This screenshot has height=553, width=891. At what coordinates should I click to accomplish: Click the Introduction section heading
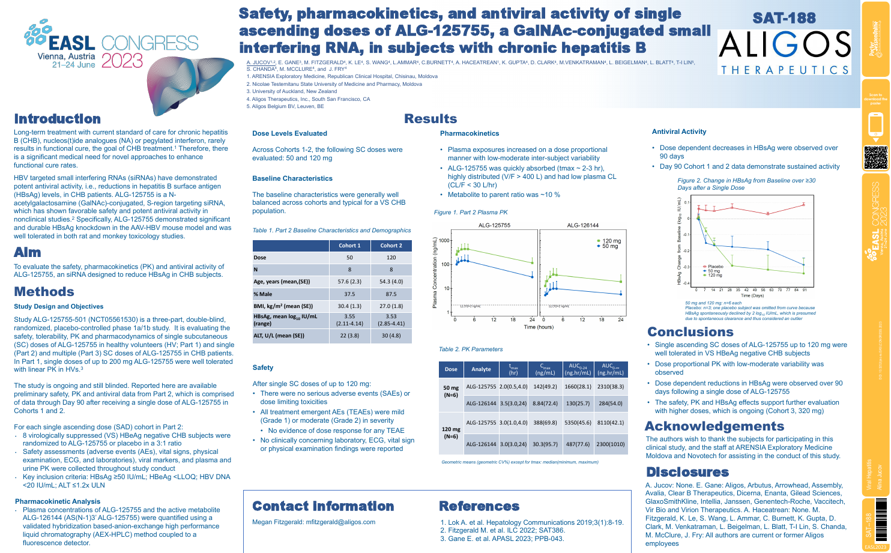58,119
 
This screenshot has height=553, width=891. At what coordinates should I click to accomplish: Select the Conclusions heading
690,332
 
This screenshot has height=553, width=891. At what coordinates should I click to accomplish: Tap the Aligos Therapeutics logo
785,52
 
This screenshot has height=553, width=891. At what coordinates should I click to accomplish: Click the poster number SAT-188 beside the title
784,19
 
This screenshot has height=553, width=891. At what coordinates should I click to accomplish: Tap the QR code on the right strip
875,157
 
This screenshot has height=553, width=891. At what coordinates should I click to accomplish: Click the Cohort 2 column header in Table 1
391,246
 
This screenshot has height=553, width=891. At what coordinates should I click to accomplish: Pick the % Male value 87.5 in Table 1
391,294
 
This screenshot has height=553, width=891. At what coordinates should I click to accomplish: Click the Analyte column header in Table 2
481,369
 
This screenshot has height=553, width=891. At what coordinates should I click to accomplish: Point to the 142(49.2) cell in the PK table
545,387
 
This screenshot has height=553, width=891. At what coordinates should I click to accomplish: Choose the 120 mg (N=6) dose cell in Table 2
451,432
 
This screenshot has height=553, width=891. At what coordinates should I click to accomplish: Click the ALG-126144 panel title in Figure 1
582,225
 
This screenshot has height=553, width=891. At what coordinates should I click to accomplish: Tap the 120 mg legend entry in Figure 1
611,241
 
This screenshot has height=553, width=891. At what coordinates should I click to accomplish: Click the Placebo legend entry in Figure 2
714,267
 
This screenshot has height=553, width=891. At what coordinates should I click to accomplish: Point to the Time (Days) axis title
752,295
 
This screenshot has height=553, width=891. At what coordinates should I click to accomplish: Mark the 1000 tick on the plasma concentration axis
444,241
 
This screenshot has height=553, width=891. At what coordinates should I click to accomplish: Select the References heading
479,506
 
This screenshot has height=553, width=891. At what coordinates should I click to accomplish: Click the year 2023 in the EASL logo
122,61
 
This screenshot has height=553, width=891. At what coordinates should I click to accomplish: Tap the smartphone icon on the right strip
875,125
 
